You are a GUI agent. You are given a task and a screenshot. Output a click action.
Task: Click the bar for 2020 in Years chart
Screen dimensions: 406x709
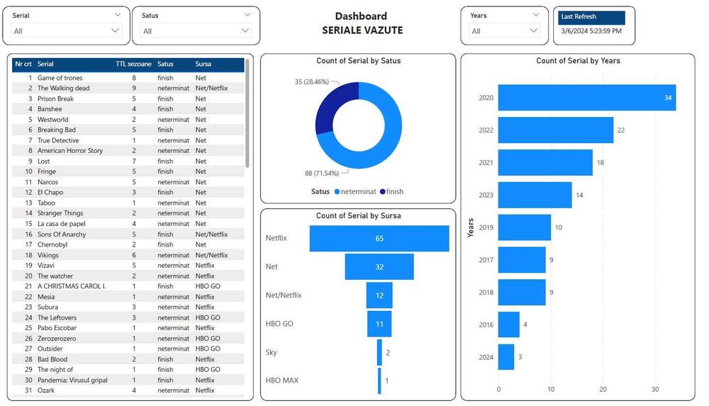click(586, 98)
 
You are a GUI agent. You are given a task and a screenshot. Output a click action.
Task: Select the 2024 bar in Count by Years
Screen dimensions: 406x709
click(506, 357)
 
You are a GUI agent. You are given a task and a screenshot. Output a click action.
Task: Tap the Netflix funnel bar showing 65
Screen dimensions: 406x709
click(379, 239)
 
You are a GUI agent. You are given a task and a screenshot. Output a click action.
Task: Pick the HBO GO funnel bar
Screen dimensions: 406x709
click(379, 324)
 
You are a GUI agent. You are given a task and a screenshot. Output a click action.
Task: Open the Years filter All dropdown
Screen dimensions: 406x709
click(504, 30)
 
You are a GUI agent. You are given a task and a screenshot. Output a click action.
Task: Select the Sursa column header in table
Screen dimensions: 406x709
click(203, 64)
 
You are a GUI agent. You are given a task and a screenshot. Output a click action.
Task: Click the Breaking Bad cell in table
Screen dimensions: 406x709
click(56, 130)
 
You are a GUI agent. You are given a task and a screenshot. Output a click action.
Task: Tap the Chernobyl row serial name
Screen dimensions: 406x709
click(52, 244)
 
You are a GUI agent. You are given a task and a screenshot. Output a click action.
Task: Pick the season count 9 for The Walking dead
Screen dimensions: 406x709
click(134, 89)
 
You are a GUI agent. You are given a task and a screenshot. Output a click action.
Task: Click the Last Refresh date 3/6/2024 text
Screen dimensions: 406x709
click(591, 30)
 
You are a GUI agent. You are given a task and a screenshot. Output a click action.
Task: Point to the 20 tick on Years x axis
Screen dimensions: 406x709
click(603, 390)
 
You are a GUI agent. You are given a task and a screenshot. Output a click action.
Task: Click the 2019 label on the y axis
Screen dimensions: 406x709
click(486, 227)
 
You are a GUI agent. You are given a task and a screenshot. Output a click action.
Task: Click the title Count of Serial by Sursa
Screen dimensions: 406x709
click(358, 215)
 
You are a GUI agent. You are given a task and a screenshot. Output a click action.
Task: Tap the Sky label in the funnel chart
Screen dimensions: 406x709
click(271, 352)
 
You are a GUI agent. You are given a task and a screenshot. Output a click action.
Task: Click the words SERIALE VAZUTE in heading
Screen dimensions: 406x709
click(362, 30)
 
